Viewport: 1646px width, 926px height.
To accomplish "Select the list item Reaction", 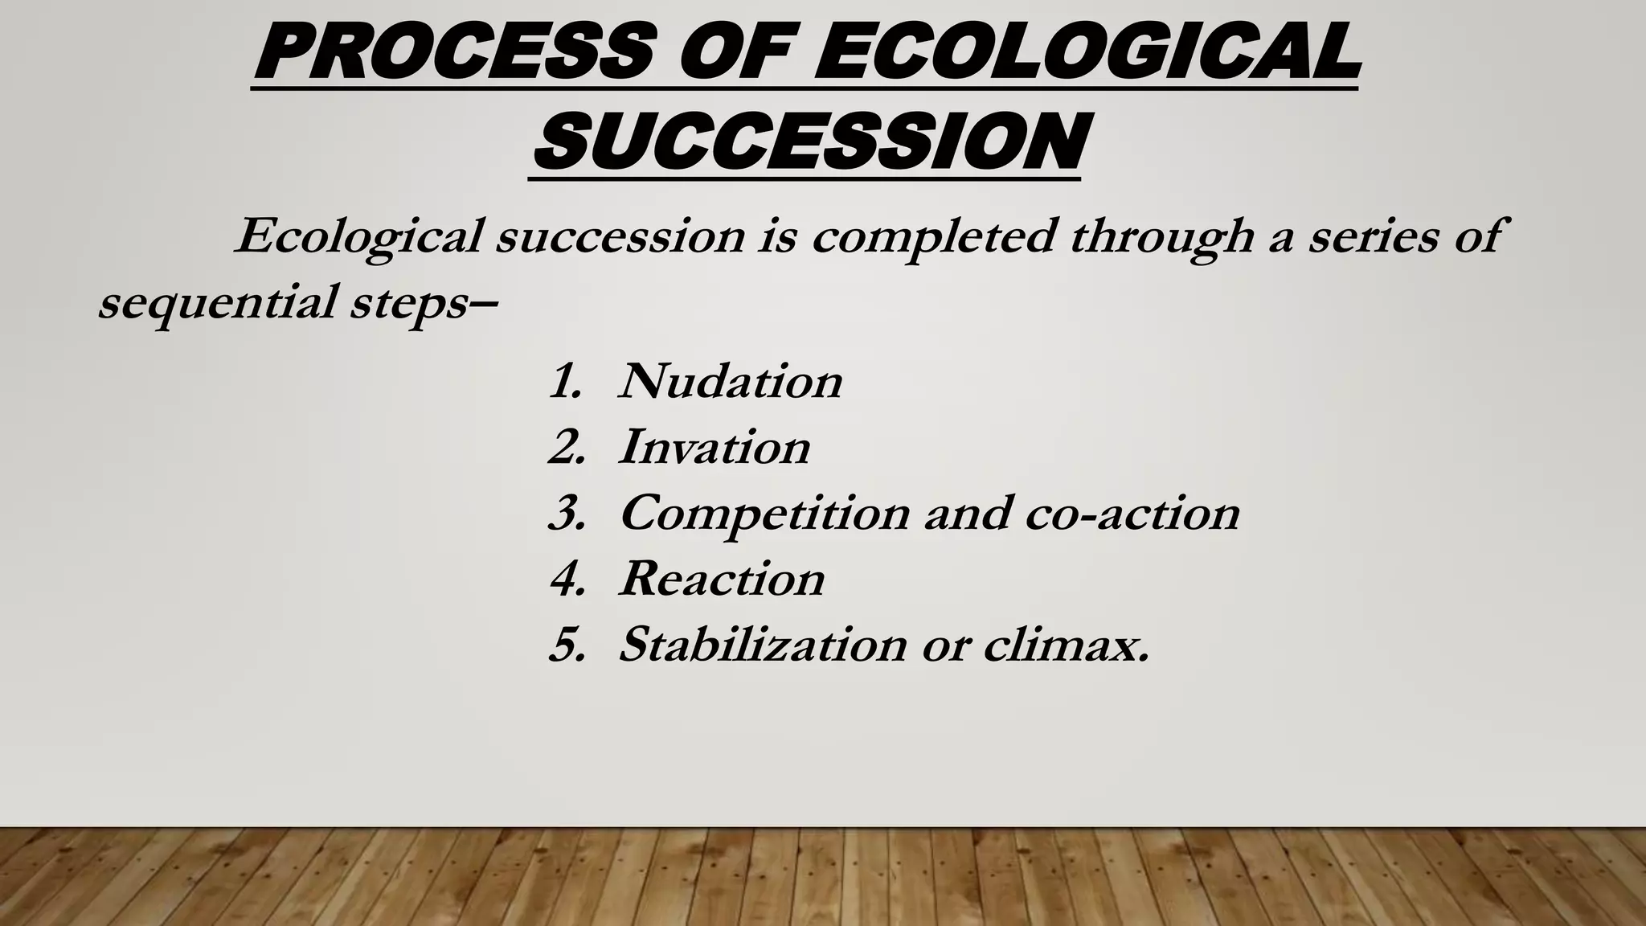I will pyautogui.click(x=722, y=579).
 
